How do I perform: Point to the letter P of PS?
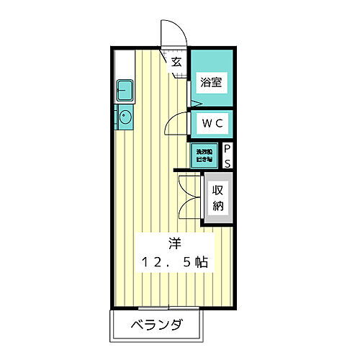(228, 148)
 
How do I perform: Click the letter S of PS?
(228, 163)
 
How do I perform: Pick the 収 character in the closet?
(218, 191)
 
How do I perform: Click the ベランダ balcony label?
(157, 325)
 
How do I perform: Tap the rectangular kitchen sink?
(124, 91)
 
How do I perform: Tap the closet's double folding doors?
(189, 197)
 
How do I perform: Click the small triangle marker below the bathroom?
(194, 102)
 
